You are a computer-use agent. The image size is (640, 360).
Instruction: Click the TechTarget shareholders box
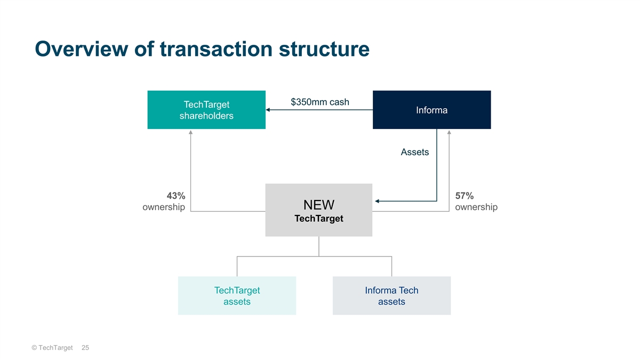(206, 110)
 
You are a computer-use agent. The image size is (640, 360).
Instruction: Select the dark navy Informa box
(431, 110)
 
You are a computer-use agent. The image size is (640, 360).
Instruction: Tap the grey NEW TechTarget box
(319, 210)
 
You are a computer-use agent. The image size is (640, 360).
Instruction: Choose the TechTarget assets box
(237, 295)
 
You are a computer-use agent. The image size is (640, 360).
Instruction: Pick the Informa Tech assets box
(391, 295)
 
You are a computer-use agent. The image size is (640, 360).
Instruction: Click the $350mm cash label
(320, 102)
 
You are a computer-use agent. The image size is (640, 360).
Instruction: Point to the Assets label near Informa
(415, 152)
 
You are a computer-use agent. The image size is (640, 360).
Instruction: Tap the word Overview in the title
(82, 49)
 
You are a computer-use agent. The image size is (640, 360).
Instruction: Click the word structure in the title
(324, 49)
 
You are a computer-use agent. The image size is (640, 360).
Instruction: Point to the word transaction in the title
(216, 49)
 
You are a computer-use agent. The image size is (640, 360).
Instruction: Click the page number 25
(85, 348)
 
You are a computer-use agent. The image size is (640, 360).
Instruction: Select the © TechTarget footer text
(52, 348)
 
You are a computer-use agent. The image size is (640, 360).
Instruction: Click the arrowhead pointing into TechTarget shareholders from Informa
(268, 110)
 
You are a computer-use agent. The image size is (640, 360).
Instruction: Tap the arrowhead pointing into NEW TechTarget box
(377, 201)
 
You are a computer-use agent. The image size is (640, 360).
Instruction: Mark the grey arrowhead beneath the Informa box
(449, 132)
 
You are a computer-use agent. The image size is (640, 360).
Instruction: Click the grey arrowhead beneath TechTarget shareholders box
(190, 132)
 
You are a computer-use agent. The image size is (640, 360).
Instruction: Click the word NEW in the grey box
(319, 205)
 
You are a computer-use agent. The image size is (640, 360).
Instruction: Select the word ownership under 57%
(476, 207)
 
